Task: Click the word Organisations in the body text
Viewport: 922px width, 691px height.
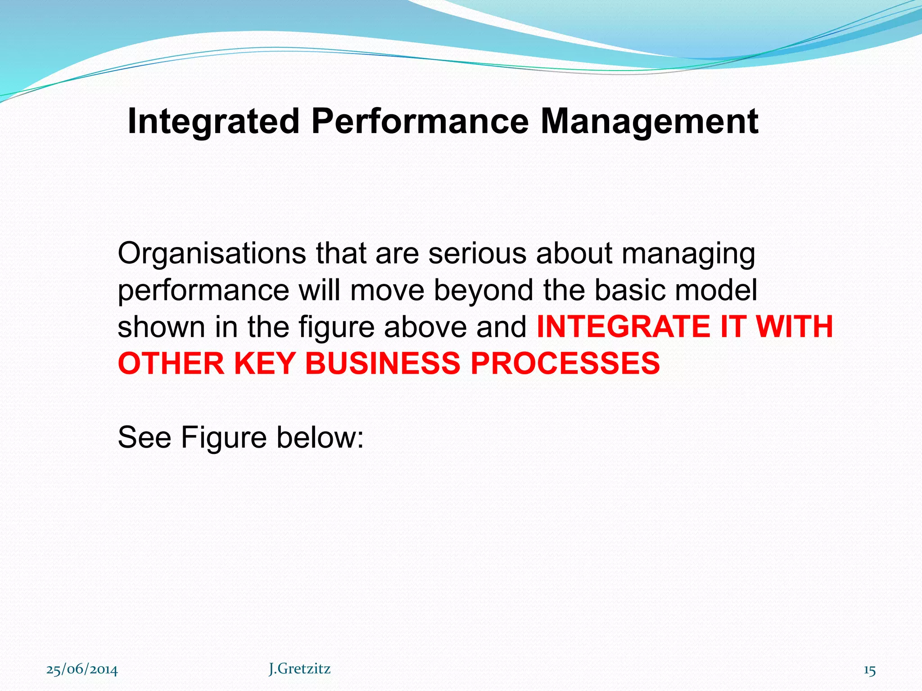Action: [x=212, y=254]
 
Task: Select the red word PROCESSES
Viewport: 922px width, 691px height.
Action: [x=565, y=363]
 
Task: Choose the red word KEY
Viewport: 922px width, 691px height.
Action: [x=264, y=363]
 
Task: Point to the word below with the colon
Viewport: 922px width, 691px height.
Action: [x=320, y=437]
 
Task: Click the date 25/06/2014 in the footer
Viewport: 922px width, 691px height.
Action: [x=82, y=670]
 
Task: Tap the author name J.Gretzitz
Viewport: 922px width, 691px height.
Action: [x=300, y=669]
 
